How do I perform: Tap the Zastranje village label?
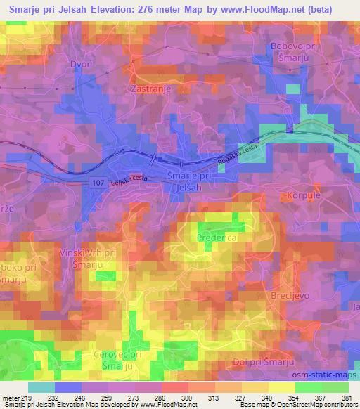(x=148, y=89)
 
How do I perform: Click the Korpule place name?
(x=303, y=194)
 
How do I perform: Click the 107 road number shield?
(x=98, y=183)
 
